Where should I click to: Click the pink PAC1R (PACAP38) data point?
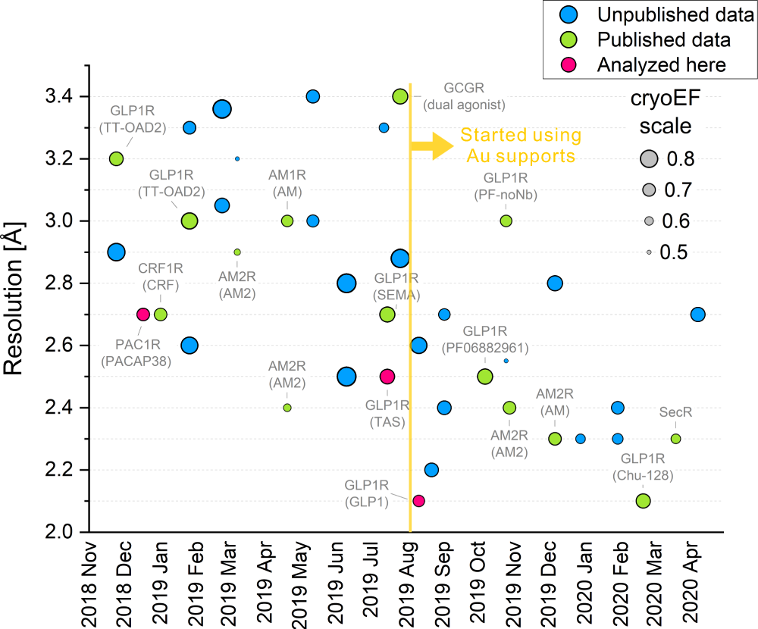coord(143,314)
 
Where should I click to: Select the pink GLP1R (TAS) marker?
coord(387,376)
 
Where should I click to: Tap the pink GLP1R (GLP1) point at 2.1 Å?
coord(418,500)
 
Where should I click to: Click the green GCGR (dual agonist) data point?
coord(400,96)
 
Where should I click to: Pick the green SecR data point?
coord(675,438)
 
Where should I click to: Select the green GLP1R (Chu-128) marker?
coord(643,500)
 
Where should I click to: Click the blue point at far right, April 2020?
coord(698,314)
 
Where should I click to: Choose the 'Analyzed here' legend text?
coord(661,64)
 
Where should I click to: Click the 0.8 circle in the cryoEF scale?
coord(649,158)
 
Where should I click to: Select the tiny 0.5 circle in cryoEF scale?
coord(649,252)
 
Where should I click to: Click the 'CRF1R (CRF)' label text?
coord(158,276)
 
